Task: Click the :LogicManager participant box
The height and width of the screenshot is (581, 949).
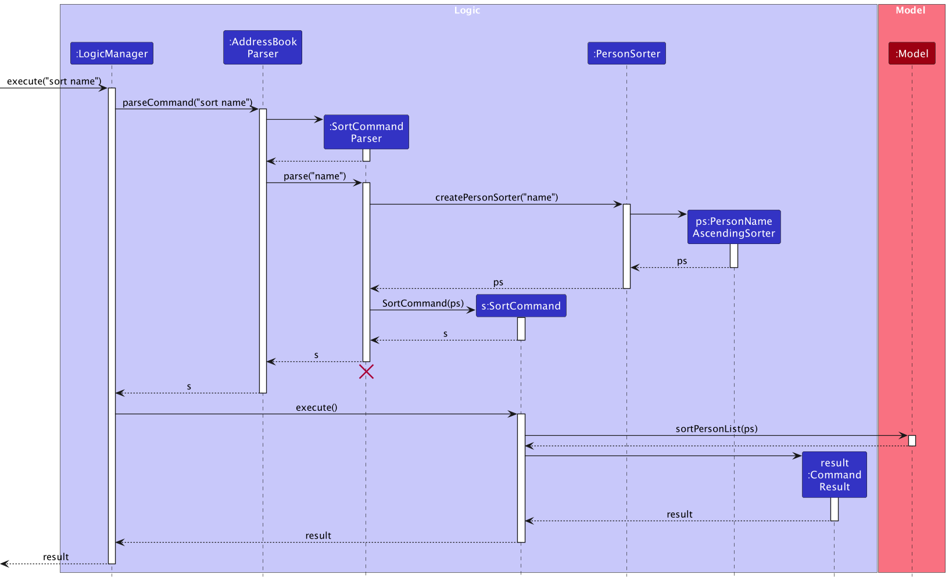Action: click(112, 53)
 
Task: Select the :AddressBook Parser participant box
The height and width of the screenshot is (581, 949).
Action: click(263, 48)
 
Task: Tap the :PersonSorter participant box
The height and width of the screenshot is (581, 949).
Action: click(626, 53)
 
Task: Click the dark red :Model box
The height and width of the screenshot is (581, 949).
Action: click(912, 53)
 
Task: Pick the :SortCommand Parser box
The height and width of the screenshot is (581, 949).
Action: click(366, 132)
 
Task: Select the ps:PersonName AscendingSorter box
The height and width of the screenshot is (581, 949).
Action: click(734, 227)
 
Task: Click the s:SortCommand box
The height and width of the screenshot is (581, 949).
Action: click(521, 306)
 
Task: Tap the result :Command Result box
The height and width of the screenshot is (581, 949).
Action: click(835, 475)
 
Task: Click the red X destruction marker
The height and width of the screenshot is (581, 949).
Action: click(366, 372)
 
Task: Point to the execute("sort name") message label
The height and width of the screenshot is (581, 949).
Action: click(54, 81)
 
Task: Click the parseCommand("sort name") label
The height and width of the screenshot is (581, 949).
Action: click(187, 103)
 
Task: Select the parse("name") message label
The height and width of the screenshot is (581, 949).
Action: click(314, 176)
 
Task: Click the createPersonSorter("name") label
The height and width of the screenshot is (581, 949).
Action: click(496, 198)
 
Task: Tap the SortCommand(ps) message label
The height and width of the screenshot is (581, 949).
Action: click(423, 303)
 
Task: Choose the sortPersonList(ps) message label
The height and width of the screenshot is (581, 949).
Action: click(717, 429)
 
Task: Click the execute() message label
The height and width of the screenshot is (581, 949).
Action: click(316, 408)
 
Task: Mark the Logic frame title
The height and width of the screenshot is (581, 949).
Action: click(467, 10)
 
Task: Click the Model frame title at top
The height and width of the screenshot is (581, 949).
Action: click(910, 10)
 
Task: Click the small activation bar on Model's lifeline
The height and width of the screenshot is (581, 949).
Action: click(912, 440)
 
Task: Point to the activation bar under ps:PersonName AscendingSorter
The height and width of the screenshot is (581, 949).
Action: click(734, 256)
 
